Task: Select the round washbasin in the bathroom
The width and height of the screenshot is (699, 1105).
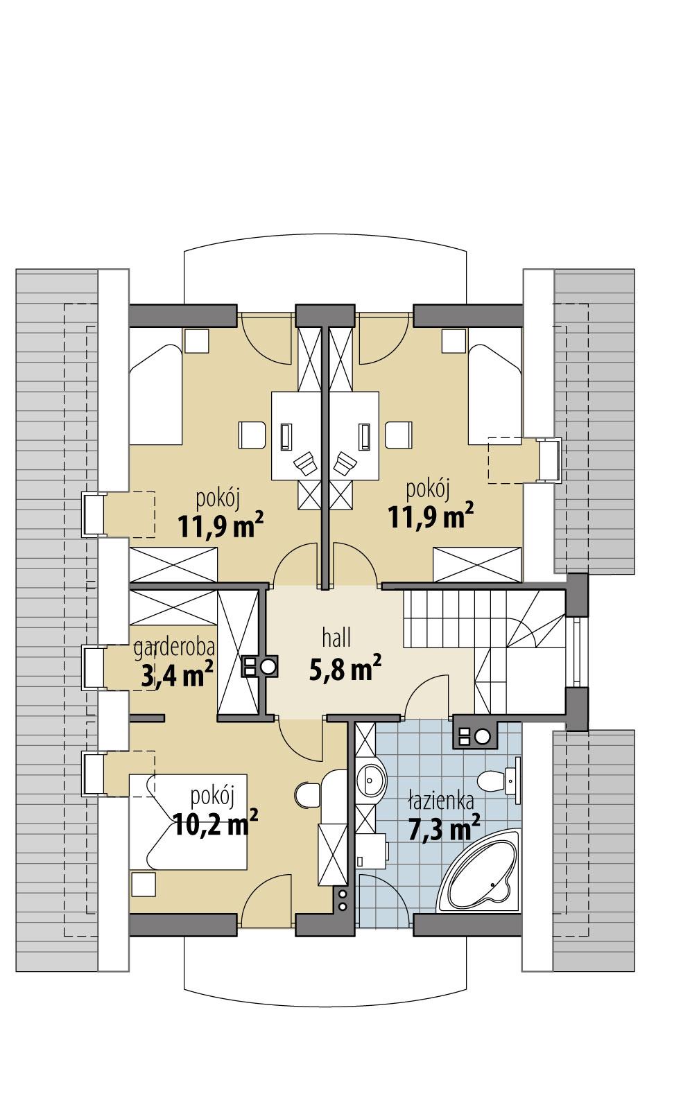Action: [371, 782]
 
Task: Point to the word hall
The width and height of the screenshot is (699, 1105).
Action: [336, 636]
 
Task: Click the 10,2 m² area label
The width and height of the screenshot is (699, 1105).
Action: [215, 826]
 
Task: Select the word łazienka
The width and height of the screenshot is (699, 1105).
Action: [441, 802]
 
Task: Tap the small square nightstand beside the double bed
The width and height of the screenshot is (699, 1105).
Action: [144, 885]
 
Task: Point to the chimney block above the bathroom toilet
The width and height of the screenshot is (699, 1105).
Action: [474, 736]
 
